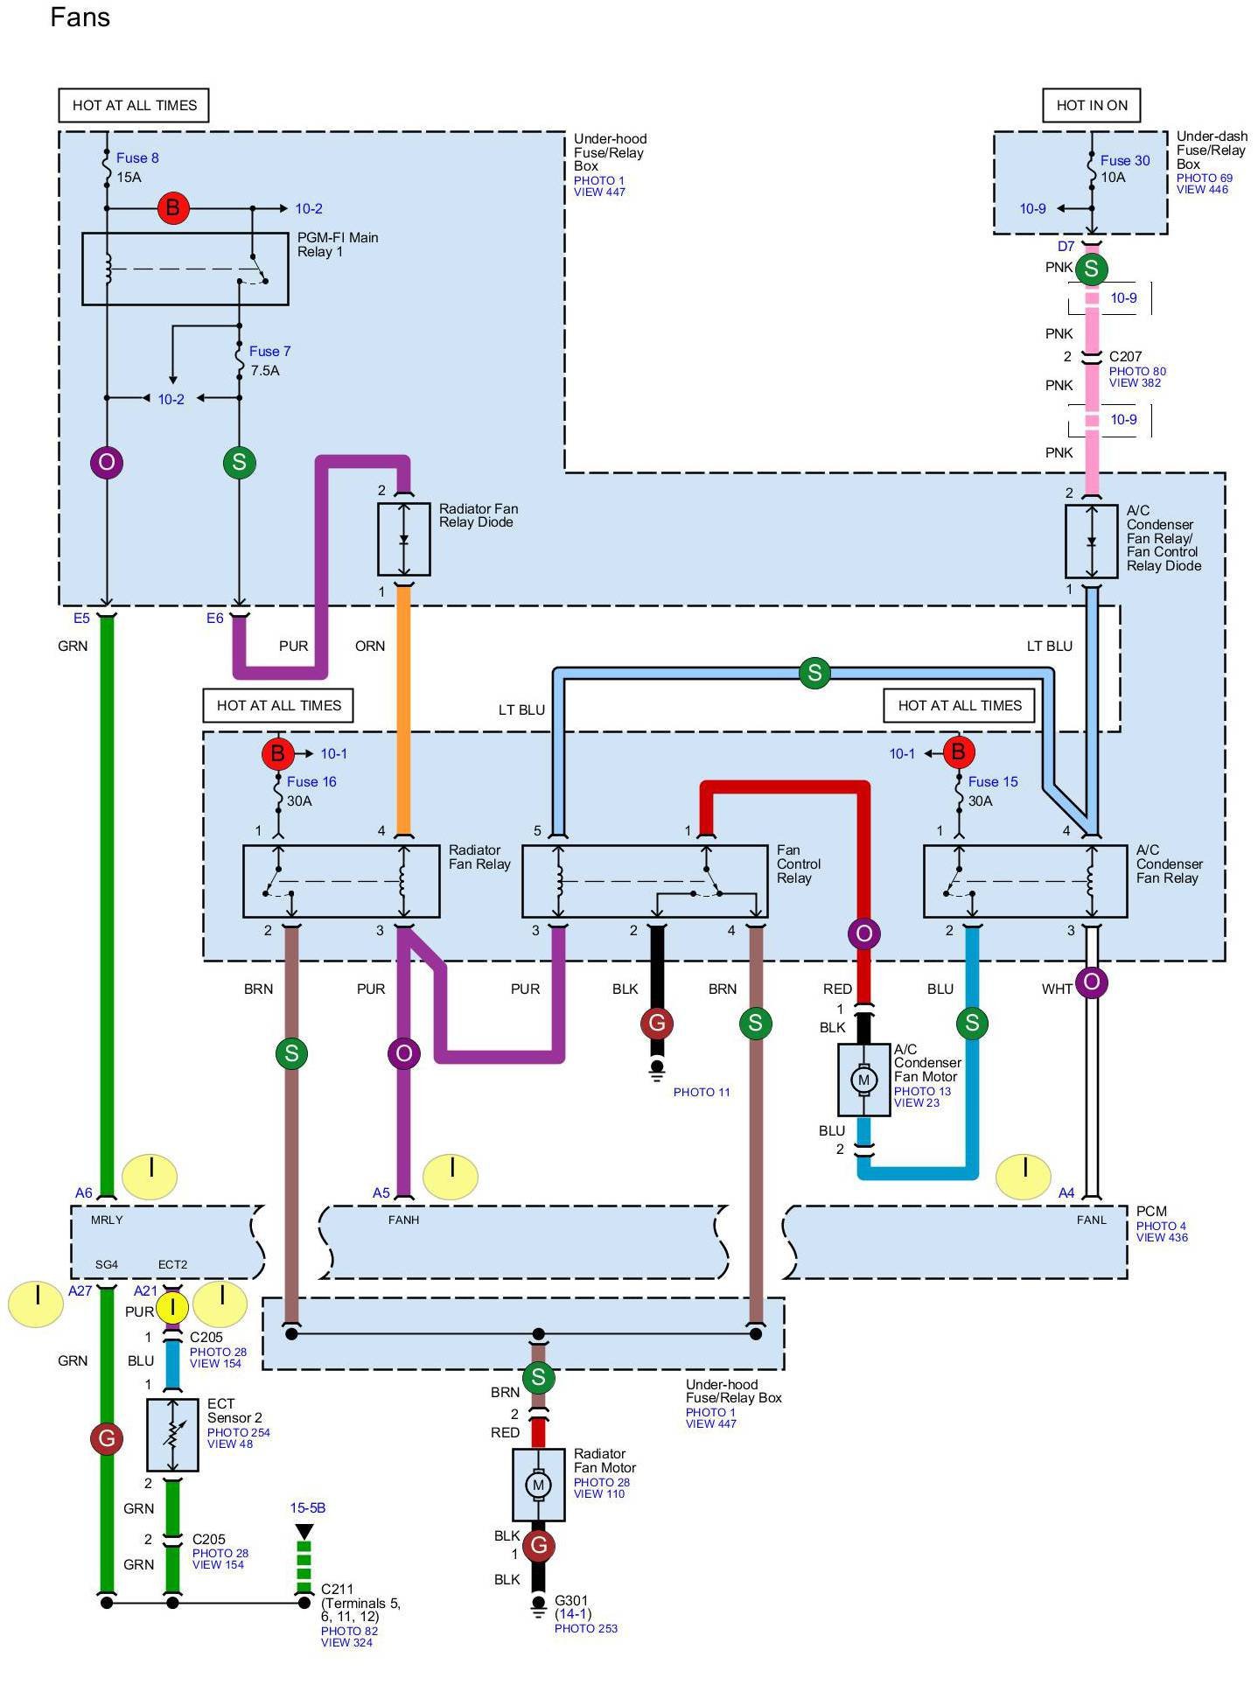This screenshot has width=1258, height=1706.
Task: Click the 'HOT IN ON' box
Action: [x=1091, y=106]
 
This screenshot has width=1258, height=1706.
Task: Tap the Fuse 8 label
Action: [x=137, y=158]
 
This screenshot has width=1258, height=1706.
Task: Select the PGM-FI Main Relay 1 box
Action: [x=185, y=269]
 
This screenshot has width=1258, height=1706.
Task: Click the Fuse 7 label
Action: [x=269, y=352]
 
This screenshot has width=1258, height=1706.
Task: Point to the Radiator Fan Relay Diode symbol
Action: [x=403, y=539]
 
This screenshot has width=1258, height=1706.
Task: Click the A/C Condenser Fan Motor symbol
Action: [x=863, y=1080]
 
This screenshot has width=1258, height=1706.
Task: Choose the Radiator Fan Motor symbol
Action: [x=538, y=1485]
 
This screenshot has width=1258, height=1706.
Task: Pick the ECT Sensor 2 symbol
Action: [x=172, y=1434]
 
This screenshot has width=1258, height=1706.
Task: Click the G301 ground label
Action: [x=571, y=1600]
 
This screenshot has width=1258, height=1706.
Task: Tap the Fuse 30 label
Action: [x=1124, y=161]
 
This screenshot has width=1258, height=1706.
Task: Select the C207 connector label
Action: [x=1125, y=357]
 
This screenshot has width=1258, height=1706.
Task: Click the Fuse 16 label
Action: [x=311, y=782]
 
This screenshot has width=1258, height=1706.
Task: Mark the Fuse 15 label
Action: [x=993, y=782]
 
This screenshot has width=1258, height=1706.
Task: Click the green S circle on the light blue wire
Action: [x=814, y=672]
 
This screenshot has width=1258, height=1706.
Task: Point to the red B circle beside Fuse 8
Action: [x=172, y=208]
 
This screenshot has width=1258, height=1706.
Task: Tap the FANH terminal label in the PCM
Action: [x=403, y=1220]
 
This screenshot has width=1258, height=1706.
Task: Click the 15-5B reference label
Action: [x=308, y=1508]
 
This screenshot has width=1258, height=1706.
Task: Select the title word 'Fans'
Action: [x=80, y=17]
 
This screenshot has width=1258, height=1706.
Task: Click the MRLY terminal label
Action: [x=107, y=1220]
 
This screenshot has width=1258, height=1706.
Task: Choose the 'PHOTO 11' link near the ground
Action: [x=701, y=1092]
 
